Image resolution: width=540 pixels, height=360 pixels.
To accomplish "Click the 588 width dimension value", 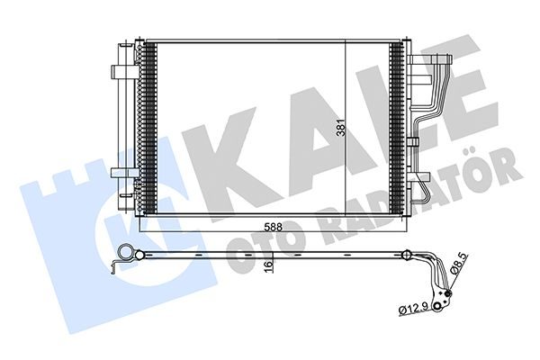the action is point(273,227).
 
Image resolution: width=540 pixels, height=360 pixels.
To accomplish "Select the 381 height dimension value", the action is point(340,128).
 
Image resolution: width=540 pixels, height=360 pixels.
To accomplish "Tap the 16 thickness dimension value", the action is point(268,266).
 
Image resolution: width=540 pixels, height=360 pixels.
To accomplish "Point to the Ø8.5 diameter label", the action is point(459,263).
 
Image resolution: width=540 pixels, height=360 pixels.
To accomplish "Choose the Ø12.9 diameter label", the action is point(414,308).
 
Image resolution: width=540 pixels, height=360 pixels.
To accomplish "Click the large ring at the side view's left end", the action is point(126,253).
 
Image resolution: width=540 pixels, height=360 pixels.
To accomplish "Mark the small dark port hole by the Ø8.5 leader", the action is point(448,293).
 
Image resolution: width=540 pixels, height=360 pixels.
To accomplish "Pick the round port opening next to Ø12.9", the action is point(437,307).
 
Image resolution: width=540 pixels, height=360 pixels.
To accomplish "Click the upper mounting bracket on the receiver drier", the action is point(125,72).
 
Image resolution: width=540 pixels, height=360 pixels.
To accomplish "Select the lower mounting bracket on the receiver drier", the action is point(124,173).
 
